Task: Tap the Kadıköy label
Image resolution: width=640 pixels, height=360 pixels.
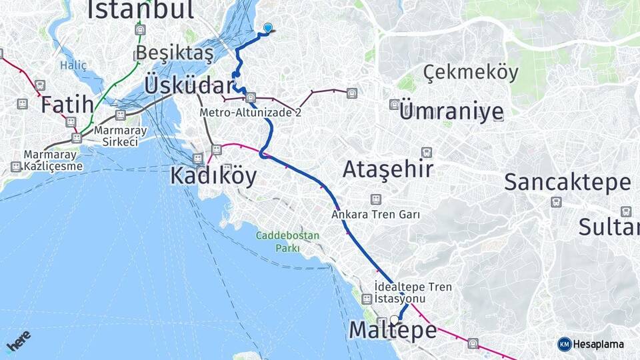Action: pos(213,175)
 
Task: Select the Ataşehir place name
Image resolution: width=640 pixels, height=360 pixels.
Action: pos(388,169)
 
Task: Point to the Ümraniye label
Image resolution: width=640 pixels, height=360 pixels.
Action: pos(451,112)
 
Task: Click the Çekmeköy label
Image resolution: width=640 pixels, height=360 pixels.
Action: pos(471,72)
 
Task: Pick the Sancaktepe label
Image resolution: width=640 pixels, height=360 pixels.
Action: pos(567,182)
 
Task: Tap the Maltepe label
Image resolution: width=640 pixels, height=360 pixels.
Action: pos(393,330)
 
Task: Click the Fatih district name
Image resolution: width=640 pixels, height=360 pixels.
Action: pos(66,105)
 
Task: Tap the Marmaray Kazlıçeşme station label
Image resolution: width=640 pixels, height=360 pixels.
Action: pos(54,160)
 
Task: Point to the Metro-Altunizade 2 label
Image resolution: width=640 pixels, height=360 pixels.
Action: pos(251,113)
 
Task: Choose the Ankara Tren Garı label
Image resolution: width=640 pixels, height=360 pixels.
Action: pos(376,215)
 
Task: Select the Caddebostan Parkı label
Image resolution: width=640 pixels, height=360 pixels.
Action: pos(288,242)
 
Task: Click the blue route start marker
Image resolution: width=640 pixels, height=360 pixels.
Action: pos(268,27)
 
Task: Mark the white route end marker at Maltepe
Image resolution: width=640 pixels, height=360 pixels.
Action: pos(395,319)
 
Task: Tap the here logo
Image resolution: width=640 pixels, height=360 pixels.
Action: pos(19,341)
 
